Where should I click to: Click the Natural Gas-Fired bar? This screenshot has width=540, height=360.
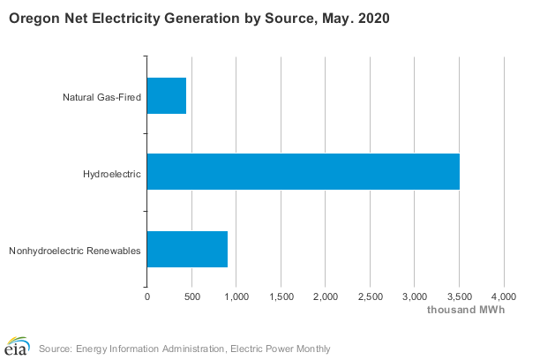coord(167,95)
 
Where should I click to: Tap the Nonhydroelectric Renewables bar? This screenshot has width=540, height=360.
coord(187,249)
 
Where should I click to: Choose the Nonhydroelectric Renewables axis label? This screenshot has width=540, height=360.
coord(74,250)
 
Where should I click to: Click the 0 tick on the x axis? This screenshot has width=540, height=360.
coord(147,297)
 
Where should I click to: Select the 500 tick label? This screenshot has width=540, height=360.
coord(191,297)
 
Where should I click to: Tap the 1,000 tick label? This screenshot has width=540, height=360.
coord(236,297)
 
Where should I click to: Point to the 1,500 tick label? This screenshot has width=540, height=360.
coord(281,297)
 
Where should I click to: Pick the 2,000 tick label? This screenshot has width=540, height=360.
coord(326,297)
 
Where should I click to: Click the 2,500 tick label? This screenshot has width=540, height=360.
coord(371,297)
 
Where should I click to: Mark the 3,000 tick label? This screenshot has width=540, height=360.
coord(415,297)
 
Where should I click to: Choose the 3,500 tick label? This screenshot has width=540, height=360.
coord(460,297)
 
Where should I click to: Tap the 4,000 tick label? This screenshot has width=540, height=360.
coord(504,297)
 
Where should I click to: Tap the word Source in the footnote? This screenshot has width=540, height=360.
coord(55,349)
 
